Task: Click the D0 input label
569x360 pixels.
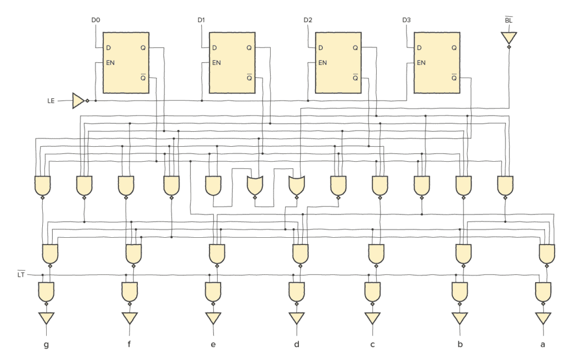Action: (96, 21)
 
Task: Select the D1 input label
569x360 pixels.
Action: (201, 21)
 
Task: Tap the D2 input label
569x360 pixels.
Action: (308, 21)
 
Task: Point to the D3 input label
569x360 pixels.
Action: (407, 21)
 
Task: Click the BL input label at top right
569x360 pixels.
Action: (508, 21)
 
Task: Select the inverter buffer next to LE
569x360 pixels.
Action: (78, 101)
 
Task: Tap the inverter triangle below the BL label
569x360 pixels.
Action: (508, 38)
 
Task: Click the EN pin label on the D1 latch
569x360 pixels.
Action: (216, 62)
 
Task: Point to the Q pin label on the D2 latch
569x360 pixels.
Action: (355, 48)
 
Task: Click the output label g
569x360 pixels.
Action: (46, 345)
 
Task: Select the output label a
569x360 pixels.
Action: (543, 345)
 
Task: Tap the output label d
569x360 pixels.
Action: (297, 345)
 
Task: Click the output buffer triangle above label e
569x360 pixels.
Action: (213, 318)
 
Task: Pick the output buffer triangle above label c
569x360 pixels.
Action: (372, 318)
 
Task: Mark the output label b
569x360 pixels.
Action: (460, 345)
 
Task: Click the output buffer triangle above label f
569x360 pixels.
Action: (129, 318)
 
